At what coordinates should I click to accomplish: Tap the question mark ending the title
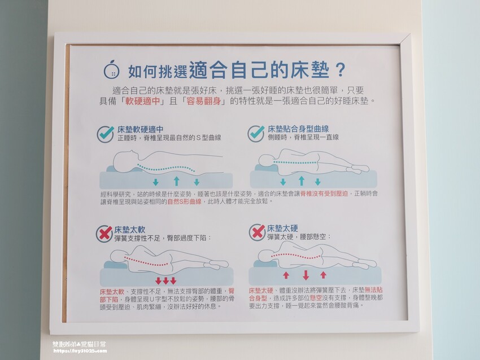[340, 71]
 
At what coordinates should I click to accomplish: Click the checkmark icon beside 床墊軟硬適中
[106, 134]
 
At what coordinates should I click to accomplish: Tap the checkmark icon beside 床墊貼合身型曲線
[256, 133]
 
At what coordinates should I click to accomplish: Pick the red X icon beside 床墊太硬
[258, 232]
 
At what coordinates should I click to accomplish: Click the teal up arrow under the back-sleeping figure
[176, 181]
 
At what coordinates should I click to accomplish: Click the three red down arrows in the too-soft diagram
[166, 280]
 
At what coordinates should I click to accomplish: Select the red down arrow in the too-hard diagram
[306, 275]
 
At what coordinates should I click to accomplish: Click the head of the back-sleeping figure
[123, 163]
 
